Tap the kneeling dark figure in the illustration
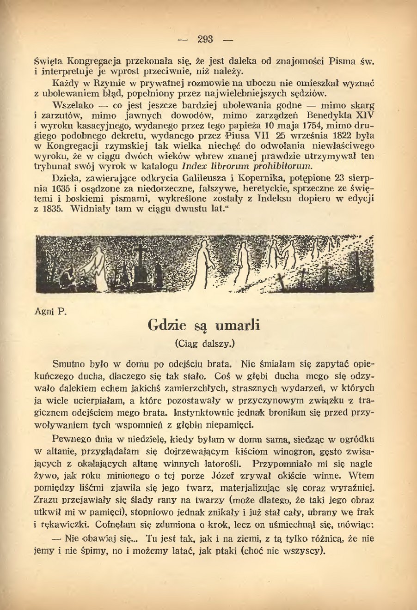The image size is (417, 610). point(68,276)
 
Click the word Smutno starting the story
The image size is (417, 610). point(69,363)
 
